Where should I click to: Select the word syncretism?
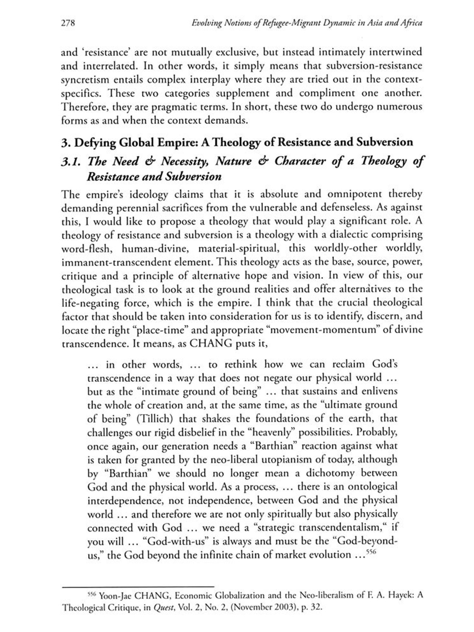[85, 80]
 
